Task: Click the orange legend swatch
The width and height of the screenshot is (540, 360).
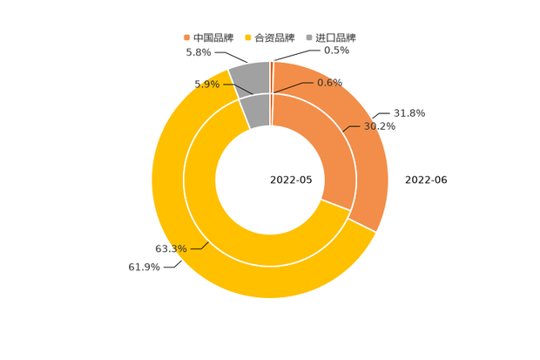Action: click(x=186, y=37)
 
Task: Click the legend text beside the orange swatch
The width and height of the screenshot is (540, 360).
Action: click(x=214, y=37)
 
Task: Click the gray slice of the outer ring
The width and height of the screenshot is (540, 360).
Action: click(x=249, y=78)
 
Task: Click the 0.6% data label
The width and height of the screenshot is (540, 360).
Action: click(x=329, y=82)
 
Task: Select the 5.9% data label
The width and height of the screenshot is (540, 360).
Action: click(x=206, y=85)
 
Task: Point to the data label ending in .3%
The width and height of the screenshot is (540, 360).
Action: click(x=171, y=249)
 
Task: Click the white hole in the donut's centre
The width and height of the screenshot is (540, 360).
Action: click(x=270, y=180)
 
